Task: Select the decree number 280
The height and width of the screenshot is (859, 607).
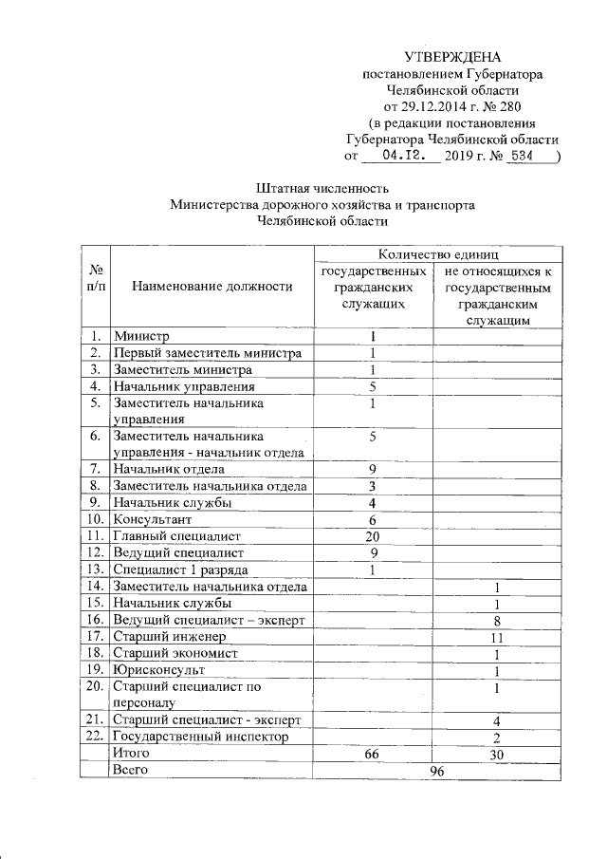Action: click(506, 105)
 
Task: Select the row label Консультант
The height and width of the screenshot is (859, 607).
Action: click(153, 519)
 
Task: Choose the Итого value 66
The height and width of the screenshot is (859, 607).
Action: click(373, 753)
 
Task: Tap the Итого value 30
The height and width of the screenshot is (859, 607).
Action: click(496, 753)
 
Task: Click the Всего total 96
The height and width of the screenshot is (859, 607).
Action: click(435, 770)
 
